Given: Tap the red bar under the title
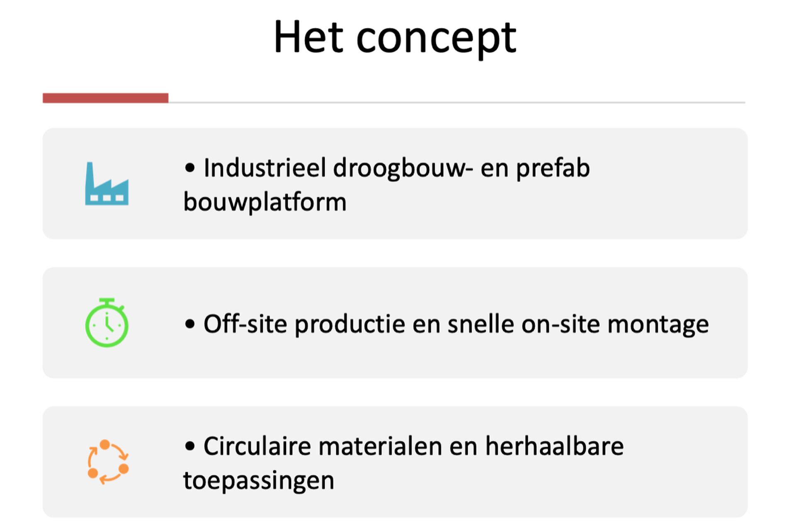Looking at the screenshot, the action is coord(105,98).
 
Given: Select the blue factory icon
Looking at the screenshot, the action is coord(107,184).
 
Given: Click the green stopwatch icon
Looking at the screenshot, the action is coord(107,322).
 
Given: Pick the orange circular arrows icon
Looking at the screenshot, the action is coord(108,462).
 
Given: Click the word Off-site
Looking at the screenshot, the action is coord(245,324).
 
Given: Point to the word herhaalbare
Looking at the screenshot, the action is coord(554,446).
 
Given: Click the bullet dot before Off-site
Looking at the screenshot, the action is coord(190,324).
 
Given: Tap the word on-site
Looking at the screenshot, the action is coord(561,324).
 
